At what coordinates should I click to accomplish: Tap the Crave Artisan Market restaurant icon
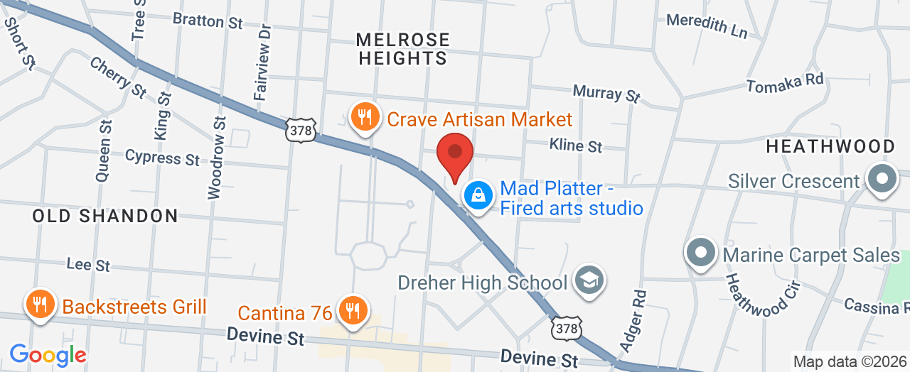click(x=365, y=117)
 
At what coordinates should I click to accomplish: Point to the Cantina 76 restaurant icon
click(x=351, y=310)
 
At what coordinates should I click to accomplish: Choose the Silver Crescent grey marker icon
click(x=882, y=178)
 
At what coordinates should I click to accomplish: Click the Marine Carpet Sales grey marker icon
click(x=701, y=253)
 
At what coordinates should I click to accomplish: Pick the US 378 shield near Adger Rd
click(x=566, y=327)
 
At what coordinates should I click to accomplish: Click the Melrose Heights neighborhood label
click(x=403, y=49)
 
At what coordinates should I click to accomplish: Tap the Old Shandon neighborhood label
click(x=105, y=216)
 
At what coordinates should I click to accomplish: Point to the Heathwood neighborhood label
click(x=830, y=146)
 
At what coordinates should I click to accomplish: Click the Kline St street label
click(x=576, y=146)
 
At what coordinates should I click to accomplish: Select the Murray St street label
click(x=607, y=93)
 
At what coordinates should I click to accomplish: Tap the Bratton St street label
click(x=208, y=21)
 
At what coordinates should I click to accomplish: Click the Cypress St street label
click(x=162, y=156)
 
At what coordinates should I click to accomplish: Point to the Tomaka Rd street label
click(x=785, y=82)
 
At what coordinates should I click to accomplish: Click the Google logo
click(x=48, y=355)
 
